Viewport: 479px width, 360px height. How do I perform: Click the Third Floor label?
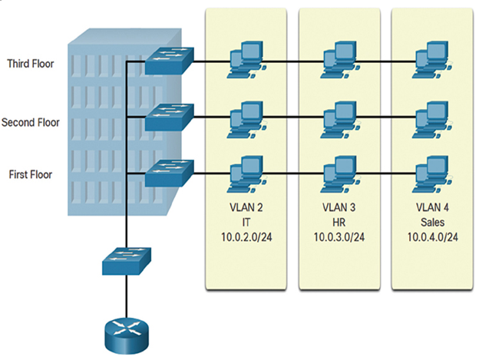(x=31, y=64)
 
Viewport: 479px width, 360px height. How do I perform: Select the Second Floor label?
(x=31, y=122)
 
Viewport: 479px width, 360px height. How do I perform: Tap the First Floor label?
(x=31, y=174)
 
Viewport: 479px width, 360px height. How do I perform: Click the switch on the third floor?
(x=169, y=61)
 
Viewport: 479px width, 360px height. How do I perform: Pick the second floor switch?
(x=169, y=117)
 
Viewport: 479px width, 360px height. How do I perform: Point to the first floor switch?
(x=169, y=173)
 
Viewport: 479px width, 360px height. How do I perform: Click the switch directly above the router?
(x=127, y=261)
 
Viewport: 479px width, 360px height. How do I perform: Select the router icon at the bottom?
(x=127, y=336)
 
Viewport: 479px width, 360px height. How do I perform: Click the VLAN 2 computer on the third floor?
(x=246, y=61)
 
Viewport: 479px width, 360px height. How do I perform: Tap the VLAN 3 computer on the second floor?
(x=340, y=120)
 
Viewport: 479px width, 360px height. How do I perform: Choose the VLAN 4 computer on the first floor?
(x=432, y=174)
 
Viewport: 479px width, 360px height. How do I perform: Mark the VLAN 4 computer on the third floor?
(x=432, y=61)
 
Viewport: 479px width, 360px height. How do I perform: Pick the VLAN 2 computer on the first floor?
(x=246, y=174)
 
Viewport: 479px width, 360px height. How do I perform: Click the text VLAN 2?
(x=246, y=208)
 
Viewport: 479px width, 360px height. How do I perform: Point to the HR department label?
(x=339, y=223)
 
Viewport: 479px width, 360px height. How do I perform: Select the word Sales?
(x=432, y=223)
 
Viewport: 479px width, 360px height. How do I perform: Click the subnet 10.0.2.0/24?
(x=246, y=237)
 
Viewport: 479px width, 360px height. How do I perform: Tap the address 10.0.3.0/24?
(x=339, y=237)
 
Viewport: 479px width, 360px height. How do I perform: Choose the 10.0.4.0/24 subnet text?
(x=433, y=237)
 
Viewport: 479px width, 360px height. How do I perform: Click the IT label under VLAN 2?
(x=246, y=223)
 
